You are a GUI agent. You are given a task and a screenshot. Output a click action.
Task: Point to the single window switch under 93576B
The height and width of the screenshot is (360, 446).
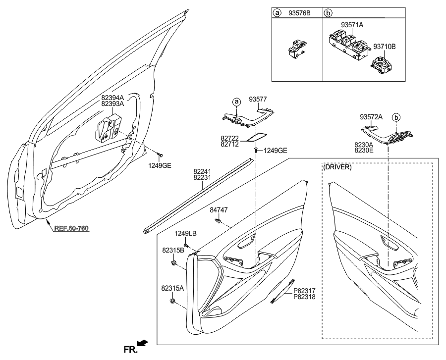coord(296,48)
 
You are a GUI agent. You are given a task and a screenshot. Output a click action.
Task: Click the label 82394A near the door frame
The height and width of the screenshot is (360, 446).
coord(112,98)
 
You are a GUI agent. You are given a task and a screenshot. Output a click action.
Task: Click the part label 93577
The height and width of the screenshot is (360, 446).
coord(258,100)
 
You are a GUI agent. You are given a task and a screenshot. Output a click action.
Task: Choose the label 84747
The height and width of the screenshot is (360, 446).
coord(219,210)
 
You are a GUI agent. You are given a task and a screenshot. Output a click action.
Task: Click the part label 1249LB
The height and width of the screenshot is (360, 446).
coord(185,233)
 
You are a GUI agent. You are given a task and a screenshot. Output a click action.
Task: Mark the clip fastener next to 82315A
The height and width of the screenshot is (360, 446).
coord(173,301)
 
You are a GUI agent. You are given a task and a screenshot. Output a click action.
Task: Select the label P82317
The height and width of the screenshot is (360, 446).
coord(304,291)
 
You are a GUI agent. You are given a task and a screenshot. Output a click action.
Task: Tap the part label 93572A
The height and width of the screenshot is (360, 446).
coord(371,117)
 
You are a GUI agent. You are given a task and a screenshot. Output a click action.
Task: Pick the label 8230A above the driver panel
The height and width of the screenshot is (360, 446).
coord(364,144)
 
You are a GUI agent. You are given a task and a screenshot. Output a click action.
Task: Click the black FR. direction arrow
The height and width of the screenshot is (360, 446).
coord(142,343)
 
